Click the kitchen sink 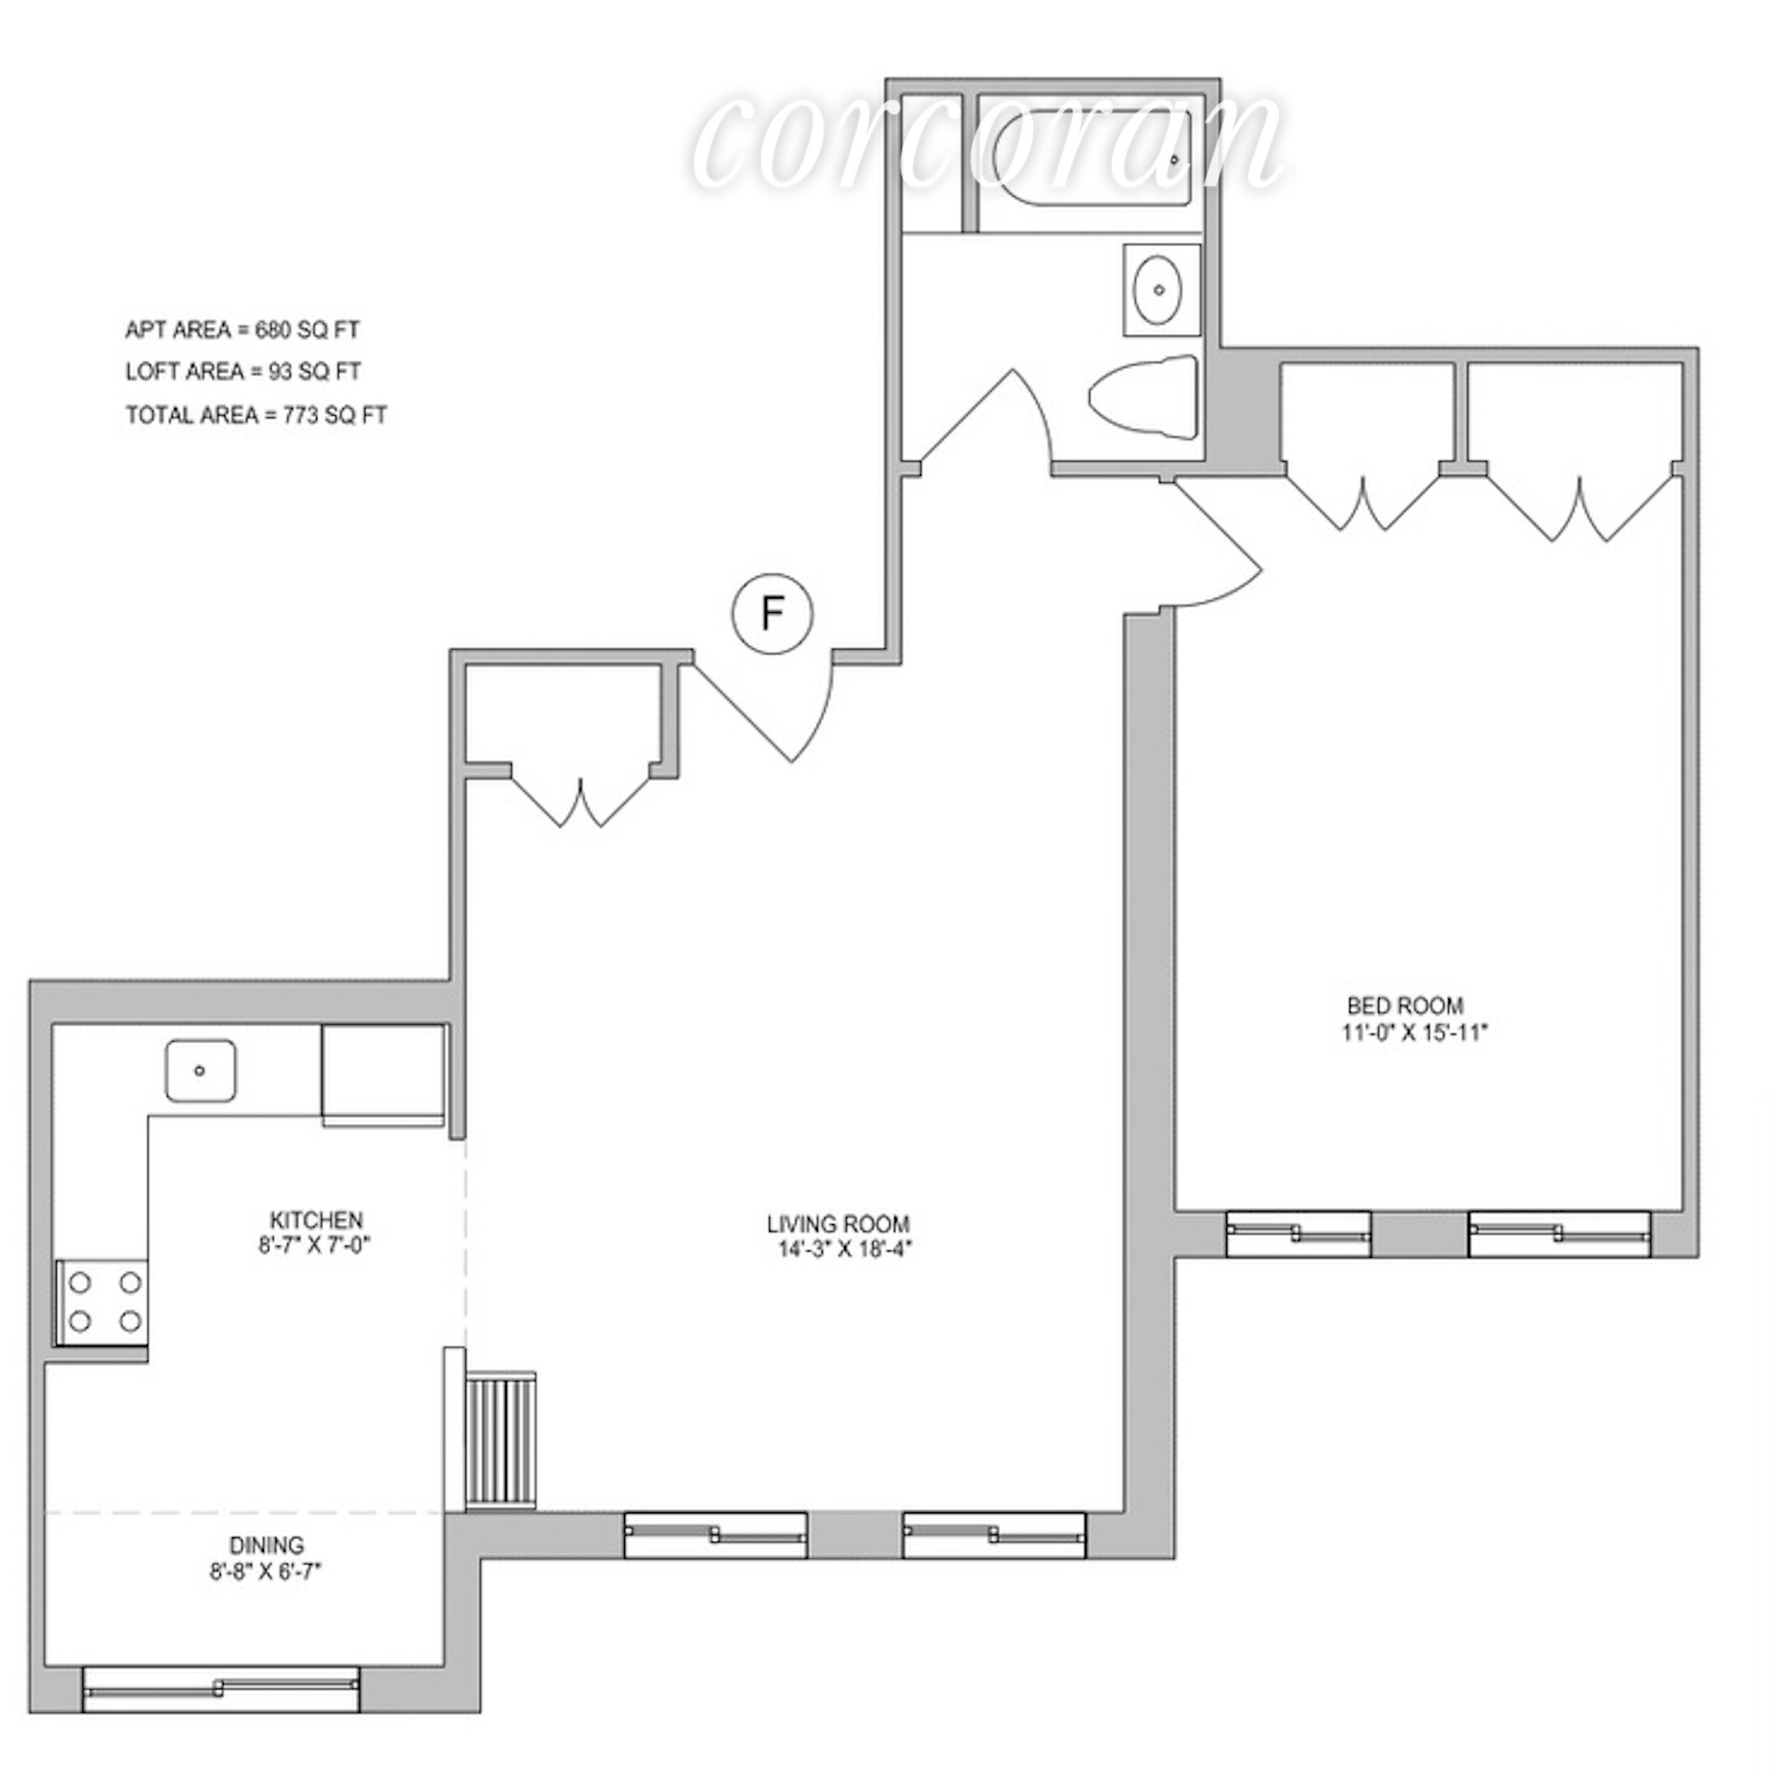coord(200,1070)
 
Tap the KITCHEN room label coord(316,1220)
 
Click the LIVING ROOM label coord(838,1224)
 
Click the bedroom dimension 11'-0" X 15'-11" coord(1414,1033)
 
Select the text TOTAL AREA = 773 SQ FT coord(256,416)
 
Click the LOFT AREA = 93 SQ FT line coord(243,372)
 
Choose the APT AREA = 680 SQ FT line coord(242,330)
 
